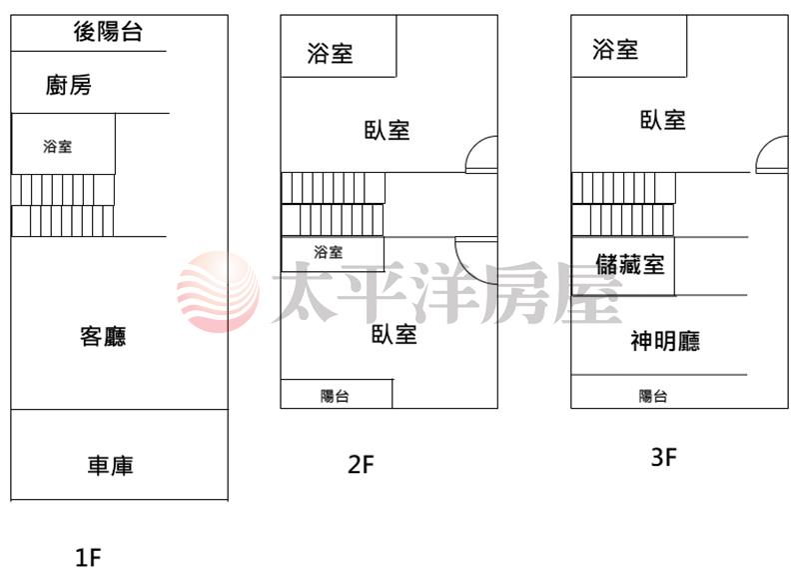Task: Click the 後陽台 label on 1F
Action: click(x=108, y=32)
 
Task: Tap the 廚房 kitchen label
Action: click(x=69, y=86)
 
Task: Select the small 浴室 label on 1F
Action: click(x=57, y=147)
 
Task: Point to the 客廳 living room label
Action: click(x=103, y=337)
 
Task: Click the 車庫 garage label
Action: click(x=110, y=465)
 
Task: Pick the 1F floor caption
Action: click(x=89, y=557)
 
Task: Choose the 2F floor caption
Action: click(x=361, y=464)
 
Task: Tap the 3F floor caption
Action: click(x=664, y=458)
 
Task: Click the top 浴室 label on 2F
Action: click(x=330, y=53)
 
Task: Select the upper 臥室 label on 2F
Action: click(x=387, y=130)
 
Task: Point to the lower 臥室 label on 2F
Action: click(x=395, y=334)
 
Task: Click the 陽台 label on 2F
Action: click(x=335, y=396)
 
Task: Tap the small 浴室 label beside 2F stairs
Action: click(x=328, y=252)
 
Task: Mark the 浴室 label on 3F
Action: click(x=615, y=49)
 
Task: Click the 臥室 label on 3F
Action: click(x=662, y=120)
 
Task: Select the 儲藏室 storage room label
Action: click(x=629, y=265)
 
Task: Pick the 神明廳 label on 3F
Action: click(x=665, y=342)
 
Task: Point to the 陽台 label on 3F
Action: click(x=653, y=396)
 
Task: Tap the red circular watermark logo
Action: click(x=218, y=292)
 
